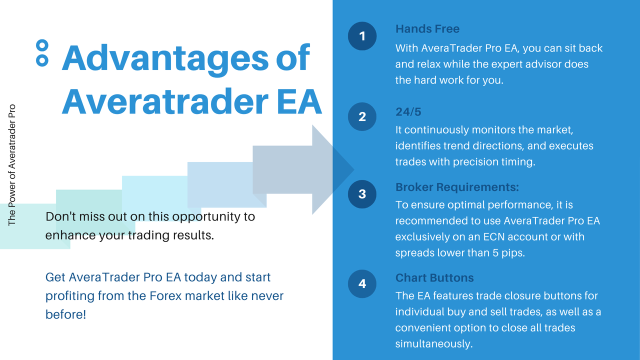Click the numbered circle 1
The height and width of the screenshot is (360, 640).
[362, 36]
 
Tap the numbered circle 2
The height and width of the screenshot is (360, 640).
[362, 116]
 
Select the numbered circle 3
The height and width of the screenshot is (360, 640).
[362, 194]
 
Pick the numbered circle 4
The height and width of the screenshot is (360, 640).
[362, 283]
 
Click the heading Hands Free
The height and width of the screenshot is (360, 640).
[427, 29]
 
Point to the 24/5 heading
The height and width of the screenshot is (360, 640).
[408, 111]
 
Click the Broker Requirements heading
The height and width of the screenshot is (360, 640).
[457, 187]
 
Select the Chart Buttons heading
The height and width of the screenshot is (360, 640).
[434, 277]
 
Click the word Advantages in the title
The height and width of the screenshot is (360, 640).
[165, 58]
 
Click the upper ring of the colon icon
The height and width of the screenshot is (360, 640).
[42, 45]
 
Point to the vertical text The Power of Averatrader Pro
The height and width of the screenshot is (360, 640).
[11, 165]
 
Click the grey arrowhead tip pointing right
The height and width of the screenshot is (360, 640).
[354, 169]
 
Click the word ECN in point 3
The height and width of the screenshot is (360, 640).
[493, 237]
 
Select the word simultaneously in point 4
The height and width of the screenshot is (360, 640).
[434, 343]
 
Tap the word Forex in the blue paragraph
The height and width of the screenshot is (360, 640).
[165, 296]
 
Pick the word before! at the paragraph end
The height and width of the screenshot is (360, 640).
[65, 314]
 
